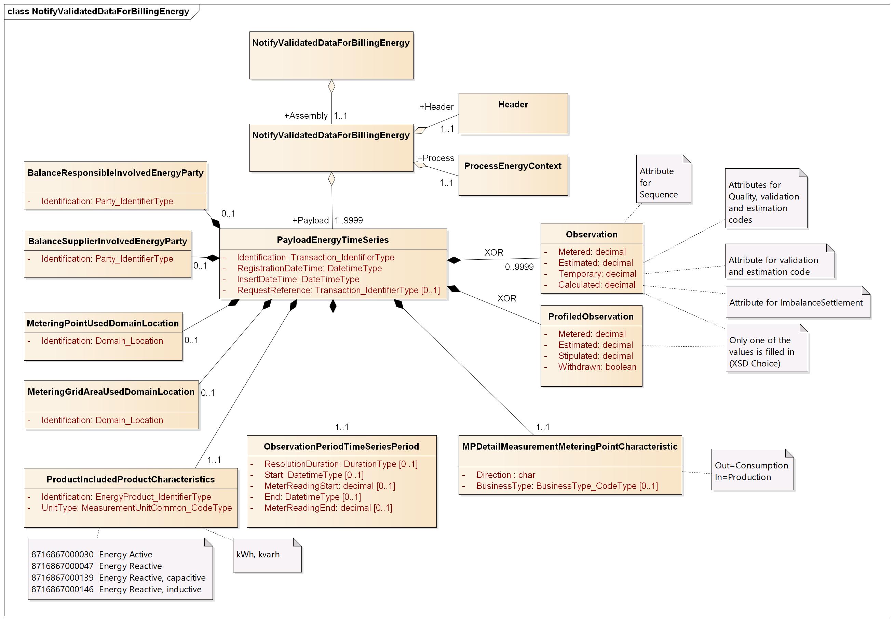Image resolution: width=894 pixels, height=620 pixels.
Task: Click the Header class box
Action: coord(513,114)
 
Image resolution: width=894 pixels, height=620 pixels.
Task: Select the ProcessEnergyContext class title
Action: coord(512,166)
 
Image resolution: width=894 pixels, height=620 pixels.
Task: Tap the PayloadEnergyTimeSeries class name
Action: coord(333,240)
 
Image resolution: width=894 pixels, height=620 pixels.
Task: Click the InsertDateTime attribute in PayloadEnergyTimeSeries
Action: coord(298,279)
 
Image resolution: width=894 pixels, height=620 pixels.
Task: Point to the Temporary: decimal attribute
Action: coord(597,273)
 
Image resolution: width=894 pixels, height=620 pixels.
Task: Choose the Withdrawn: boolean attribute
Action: coord(597,367)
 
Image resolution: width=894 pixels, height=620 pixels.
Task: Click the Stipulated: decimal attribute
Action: coord(595,356)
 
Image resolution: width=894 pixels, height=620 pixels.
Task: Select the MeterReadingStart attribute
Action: coord(329,486)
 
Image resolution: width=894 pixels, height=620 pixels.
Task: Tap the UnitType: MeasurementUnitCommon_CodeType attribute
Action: coord(136,508)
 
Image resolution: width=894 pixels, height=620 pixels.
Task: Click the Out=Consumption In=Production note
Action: coord(751,471)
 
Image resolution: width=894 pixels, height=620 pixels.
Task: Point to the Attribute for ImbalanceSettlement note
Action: coord(796,302)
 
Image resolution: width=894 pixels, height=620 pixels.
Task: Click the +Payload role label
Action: coord(310,220)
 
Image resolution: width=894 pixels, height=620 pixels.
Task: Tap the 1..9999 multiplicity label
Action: coord(349,220)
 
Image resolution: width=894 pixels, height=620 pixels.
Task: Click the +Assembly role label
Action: coord(306,116)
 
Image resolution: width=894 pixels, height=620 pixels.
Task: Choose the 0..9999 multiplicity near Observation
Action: coord(519,267)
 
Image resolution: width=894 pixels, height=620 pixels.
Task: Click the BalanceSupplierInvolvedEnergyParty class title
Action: coord(108,241)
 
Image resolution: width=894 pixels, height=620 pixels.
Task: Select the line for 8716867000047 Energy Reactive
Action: coord(96,566)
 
